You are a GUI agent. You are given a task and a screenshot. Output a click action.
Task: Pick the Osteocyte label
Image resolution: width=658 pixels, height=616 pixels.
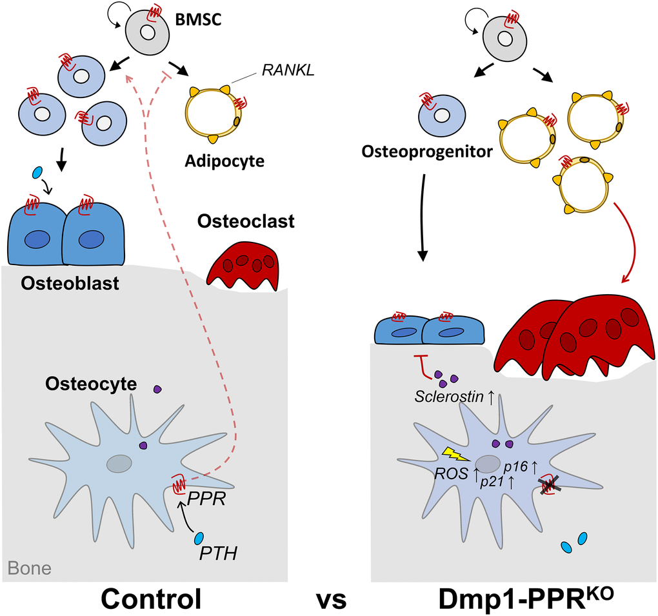pos(91,384)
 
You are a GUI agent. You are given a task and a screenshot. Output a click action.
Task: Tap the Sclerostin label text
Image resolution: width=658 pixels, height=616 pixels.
pos(450,397)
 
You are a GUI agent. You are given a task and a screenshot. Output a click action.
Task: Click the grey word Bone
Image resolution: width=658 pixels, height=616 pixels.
pos(30,568)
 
